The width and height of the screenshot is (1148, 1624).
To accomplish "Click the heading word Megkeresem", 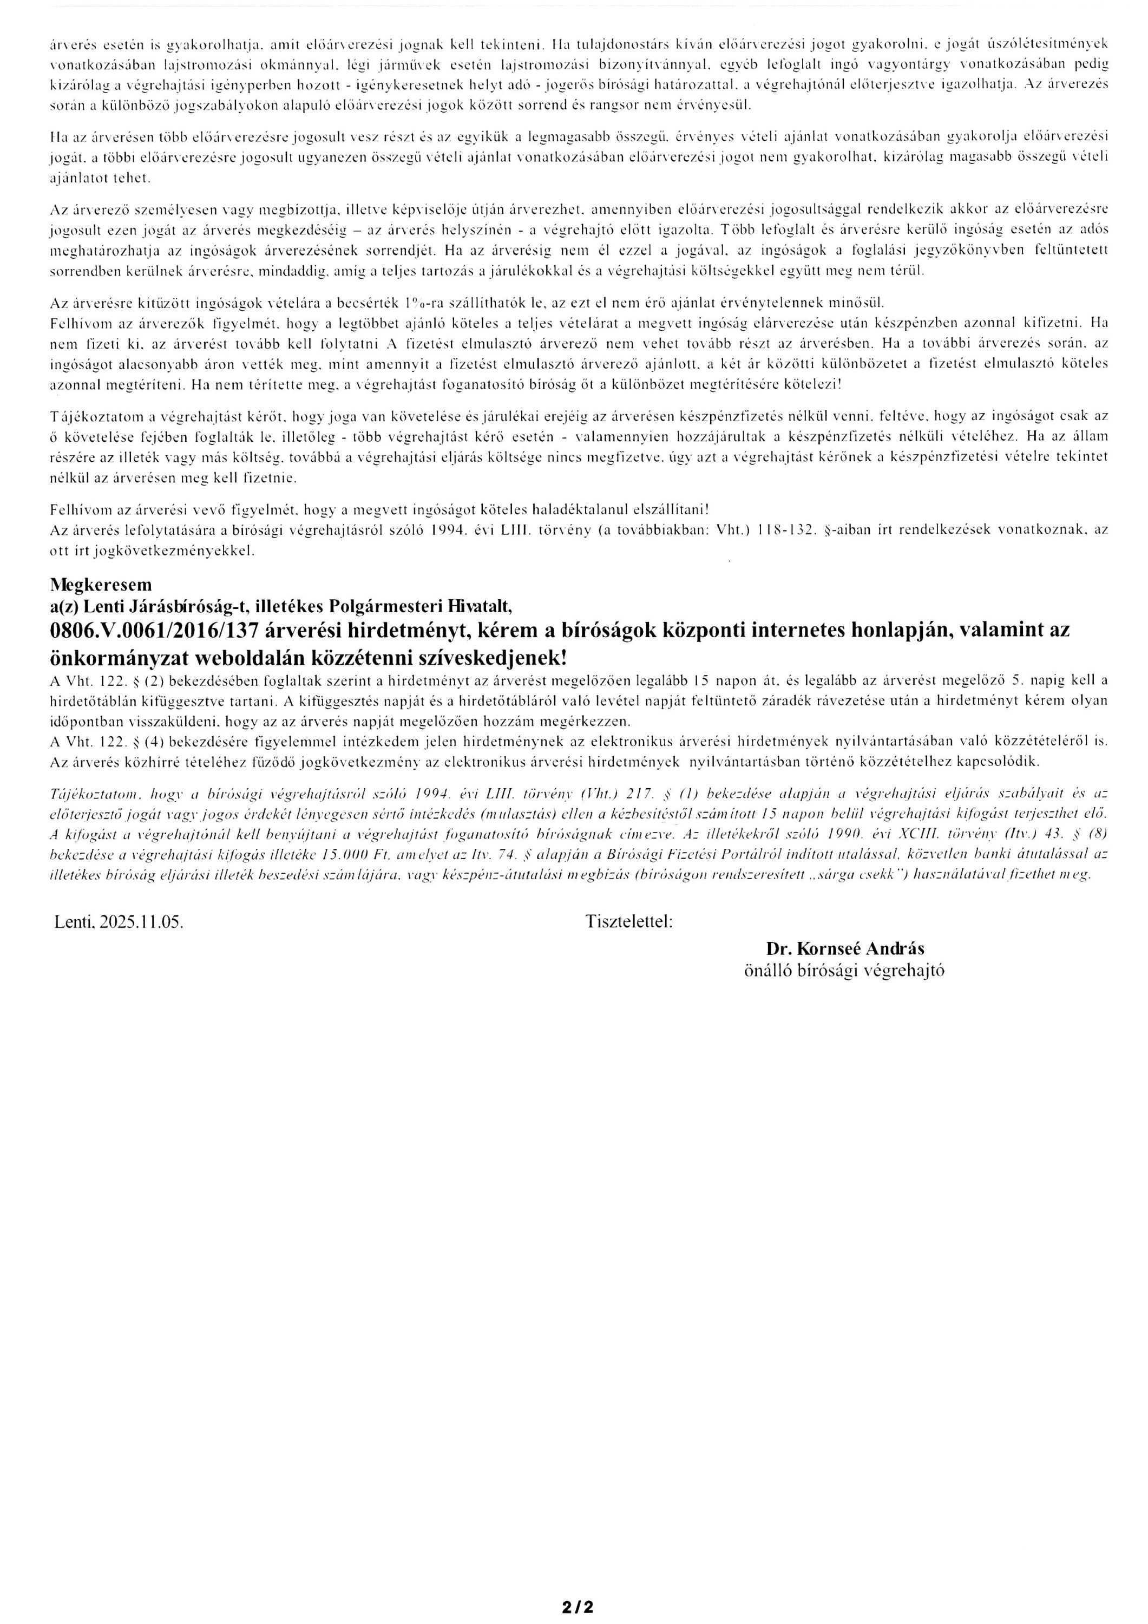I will (101, 584).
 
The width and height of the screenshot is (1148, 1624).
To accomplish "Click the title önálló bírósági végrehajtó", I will (844, 971).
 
